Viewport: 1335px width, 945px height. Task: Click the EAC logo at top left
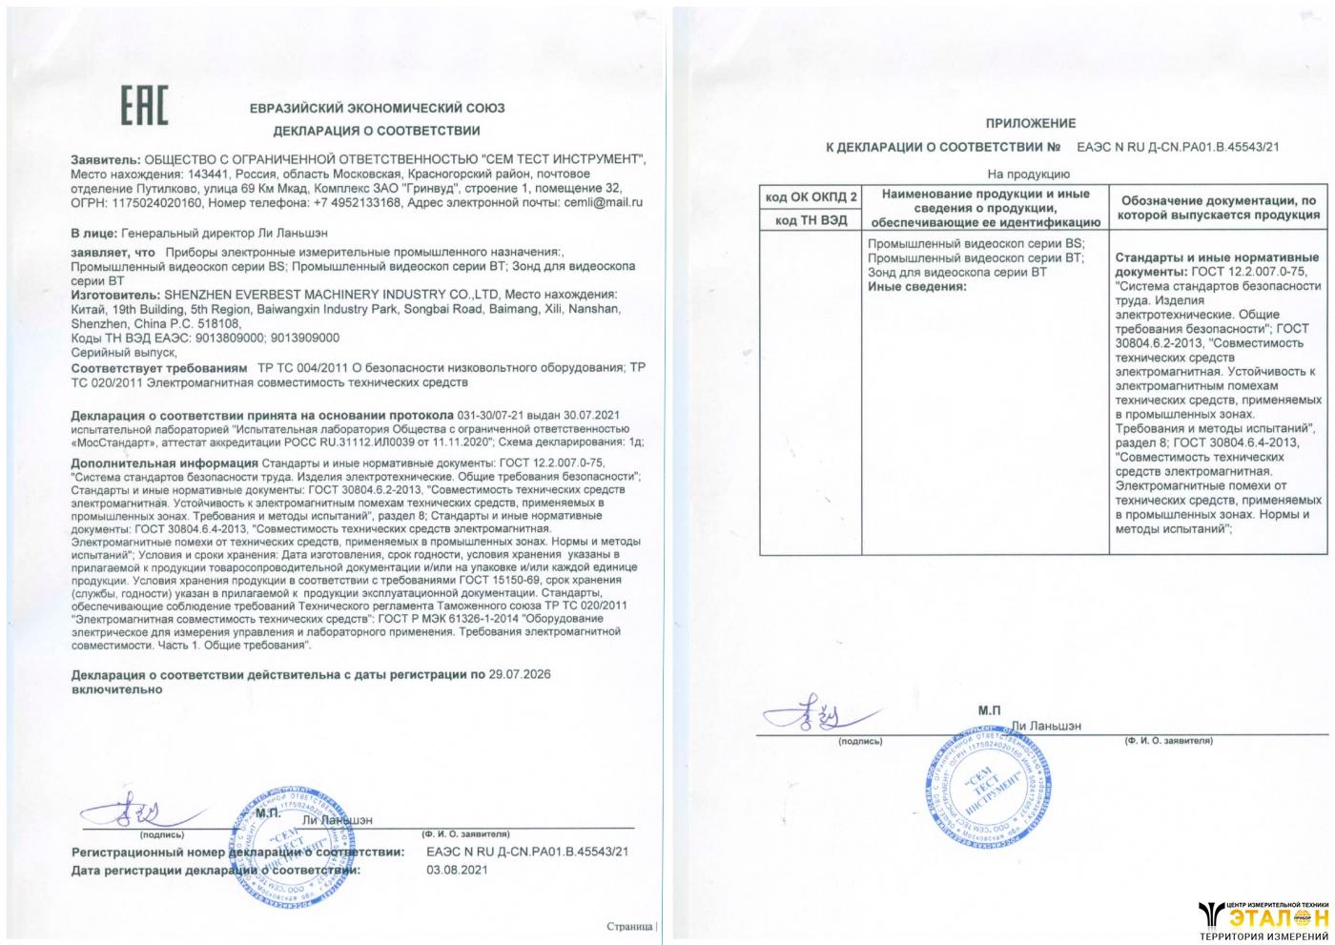[x=143, y=105]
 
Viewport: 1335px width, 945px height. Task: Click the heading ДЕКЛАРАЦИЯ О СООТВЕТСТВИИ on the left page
[x=377, y=131]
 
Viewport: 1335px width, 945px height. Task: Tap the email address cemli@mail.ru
[x=603, y=202]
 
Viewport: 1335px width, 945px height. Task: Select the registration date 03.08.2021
[x=457, y=870]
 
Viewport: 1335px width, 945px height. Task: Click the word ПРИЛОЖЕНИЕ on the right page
[x=1030, y=123]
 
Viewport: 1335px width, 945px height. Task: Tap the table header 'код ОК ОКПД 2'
[x=810, y=197]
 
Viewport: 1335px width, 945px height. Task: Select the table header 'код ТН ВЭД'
[x=810, y=220]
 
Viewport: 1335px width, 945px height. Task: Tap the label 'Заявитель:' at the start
[x=106, y=159]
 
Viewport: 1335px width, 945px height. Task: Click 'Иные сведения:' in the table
[x=916, y=286]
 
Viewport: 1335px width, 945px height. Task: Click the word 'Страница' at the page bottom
[x=629, y=926]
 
